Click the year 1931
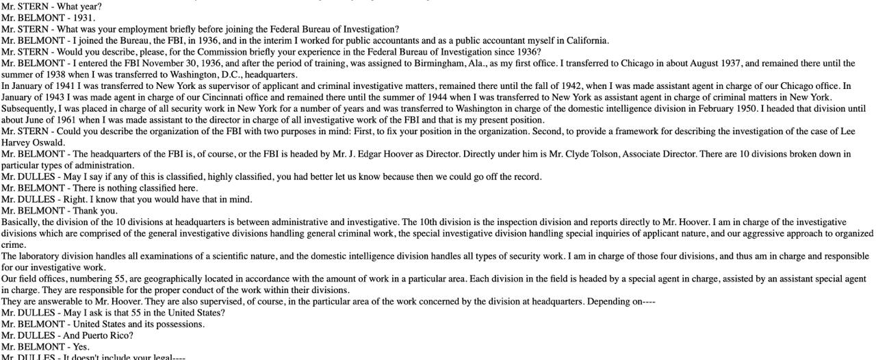click(83, 18)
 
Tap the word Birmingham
click(419, 63)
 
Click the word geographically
click(175, 279)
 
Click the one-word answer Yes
click(81, 346)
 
